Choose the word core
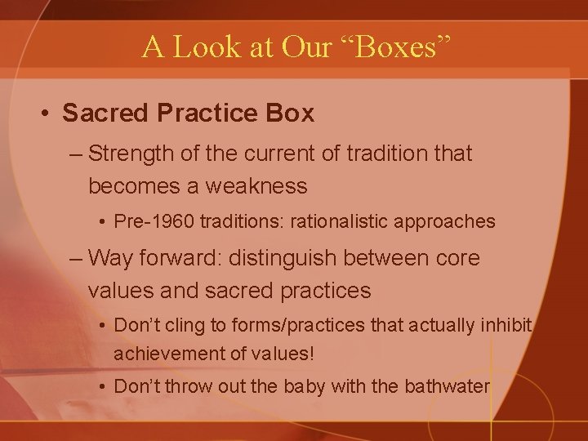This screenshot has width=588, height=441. [458, 258]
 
